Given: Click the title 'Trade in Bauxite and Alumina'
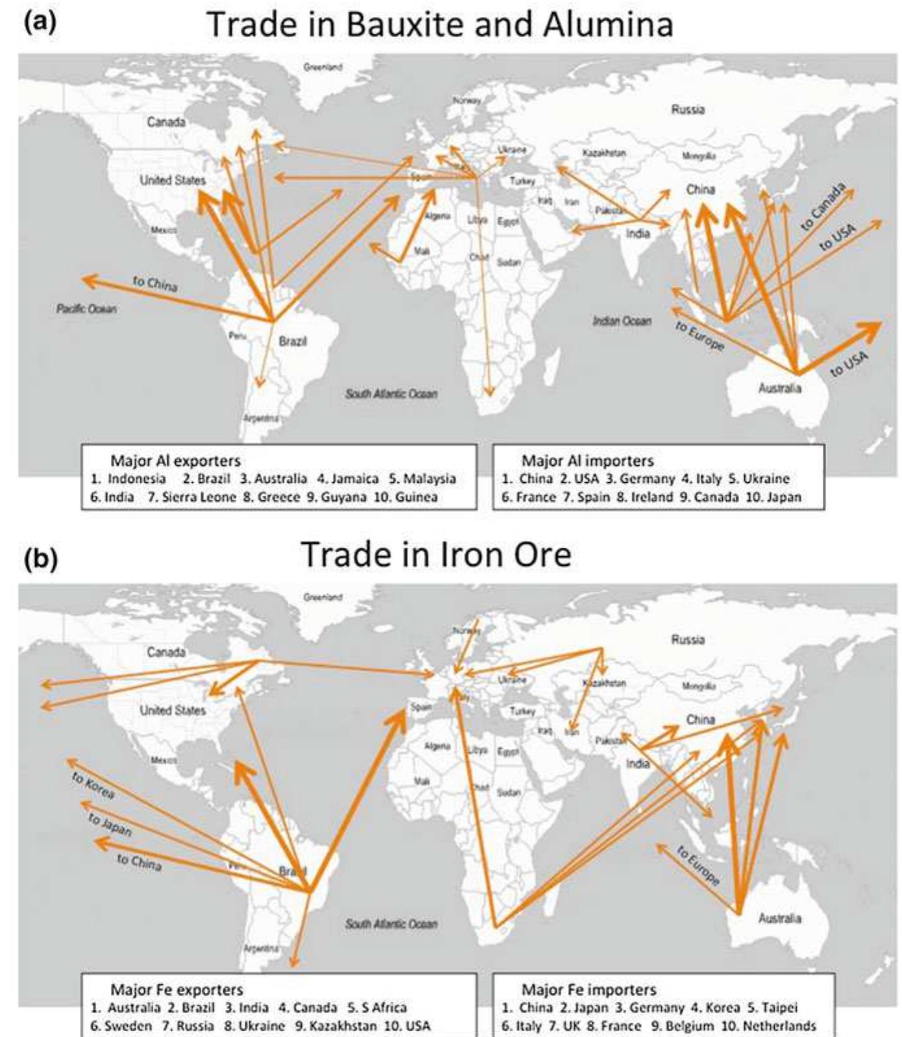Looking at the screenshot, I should coord(439,25).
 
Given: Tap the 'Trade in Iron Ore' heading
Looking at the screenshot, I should coord(436,555).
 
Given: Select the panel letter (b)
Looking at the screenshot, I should coord(40,557).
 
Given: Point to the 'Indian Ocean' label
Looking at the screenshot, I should coord(621,321).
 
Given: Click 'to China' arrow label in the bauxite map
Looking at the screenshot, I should coord(154,284).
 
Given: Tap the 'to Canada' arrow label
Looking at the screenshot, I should coord(823,207).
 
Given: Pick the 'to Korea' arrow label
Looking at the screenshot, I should coord(93,785).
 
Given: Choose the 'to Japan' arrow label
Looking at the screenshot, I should coord(110,825).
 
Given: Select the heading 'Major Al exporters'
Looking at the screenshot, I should coord(175,461).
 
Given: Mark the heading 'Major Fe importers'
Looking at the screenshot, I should coord(589,990).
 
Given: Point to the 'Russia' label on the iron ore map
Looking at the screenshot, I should coord(688,640).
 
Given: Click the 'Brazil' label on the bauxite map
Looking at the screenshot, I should coord(293,341).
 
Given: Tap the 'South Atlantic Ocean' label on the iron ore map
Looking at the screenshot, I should coord(391,923).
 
